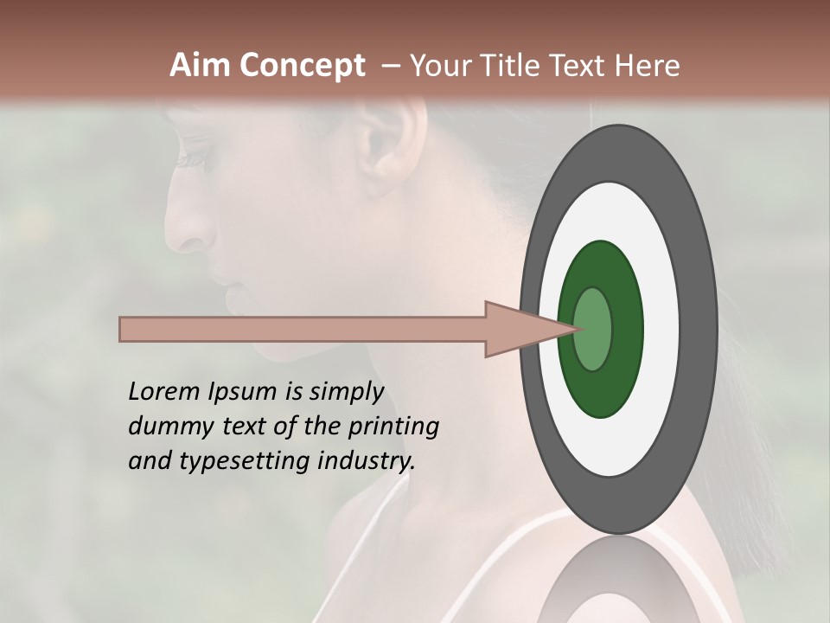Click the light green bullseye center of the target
[x=593, y=329]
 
